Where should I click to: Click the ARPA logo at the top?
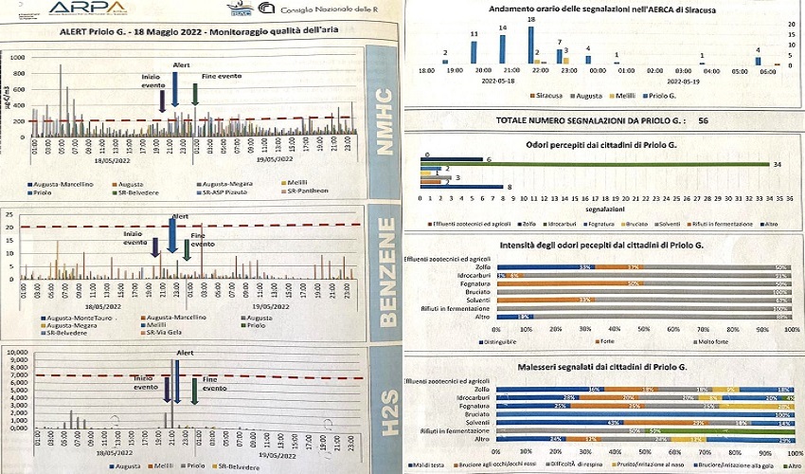point(87,9)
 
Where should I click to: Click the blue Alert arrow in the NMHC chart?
point(174,87)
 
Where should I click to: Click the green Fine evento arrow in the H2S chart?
point(195,391)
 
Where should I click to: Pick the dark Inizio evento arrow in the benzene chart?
point(155,246)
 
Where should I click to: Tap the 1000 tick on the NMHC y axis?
point(16,57)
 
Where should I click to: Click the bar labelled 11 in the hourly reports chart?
point(474,53)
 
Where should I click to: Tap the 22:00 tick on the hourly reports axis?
point(540,71)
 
